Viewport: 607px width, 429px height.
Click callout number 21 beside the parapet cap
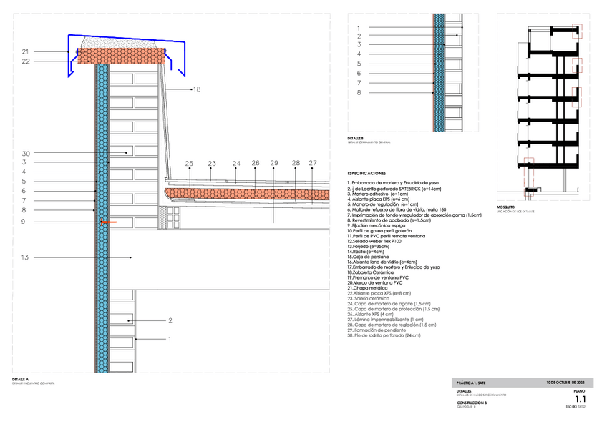point(25,51)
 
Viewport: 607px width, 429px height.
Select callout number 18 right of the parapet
point(197,89)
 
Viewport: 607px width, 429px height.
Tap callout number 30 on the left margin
point(25,153)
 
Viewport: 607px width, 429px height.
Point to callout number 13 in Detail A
point(25,257)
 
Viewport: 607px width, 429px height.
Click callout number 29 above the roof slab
point(273,164)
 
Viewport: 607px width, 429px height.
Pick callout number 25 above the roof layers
point(189,164)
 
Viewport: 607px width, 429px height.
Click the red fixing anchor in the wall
point(107,222)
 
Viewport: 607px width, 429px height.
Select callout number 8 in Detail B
point(359,92)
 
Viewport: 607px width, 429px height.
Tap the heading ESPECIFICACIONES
point(366,174)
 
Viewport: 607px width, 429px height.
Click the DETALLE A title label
point(21,379)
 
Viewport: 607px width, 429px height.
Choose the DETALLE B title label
point(356,138)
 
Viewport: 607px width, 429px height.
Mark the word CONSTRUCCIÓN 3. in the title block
point(472,403)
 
